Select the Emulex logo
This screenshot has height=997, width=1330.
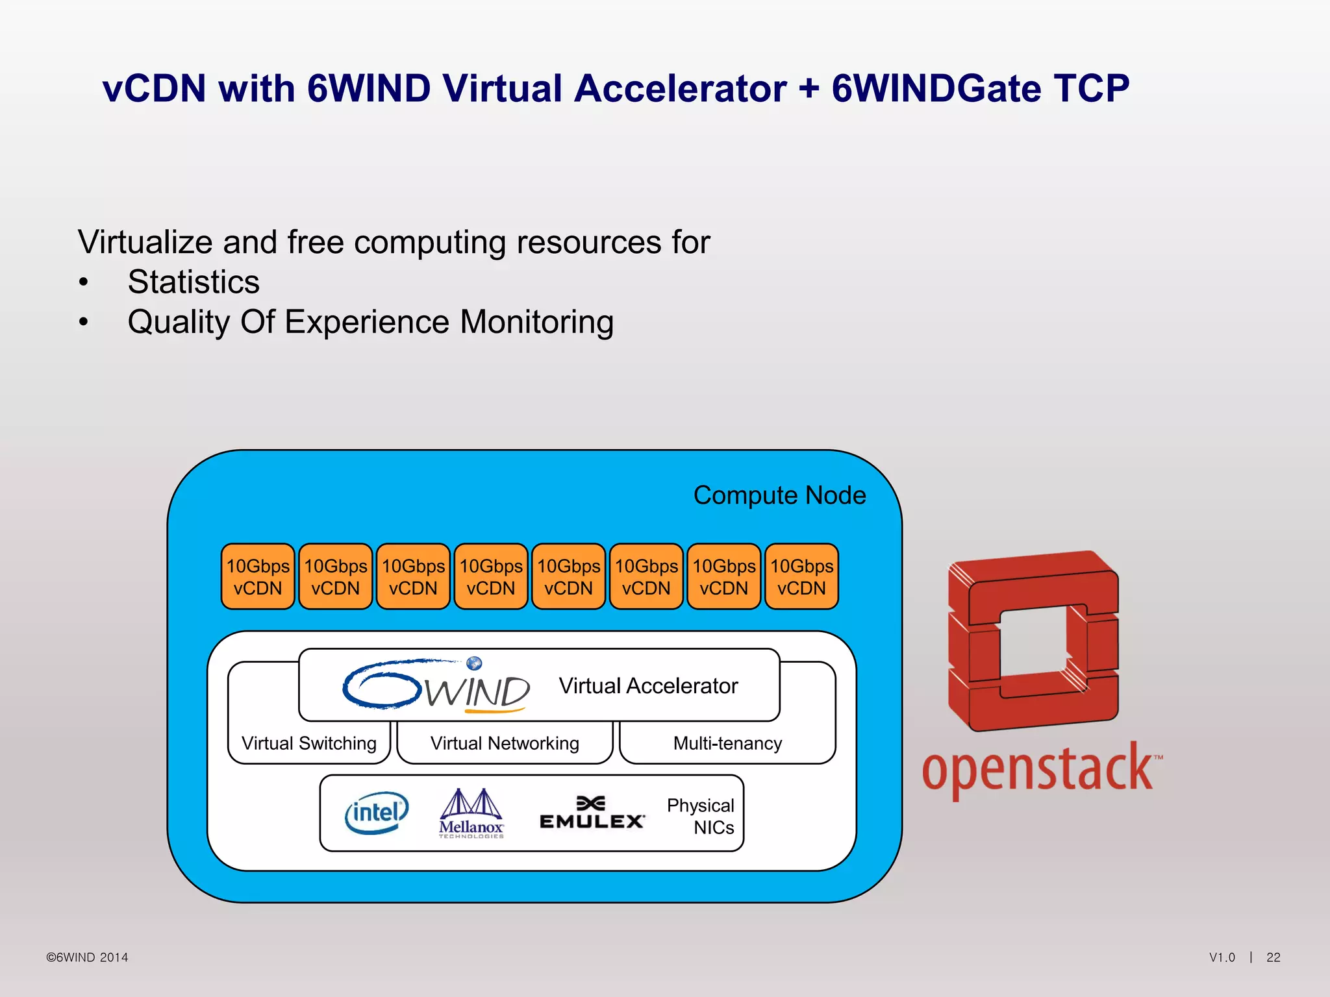coord(592,813)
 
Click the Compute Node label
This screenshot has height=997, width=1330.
coord(779,495)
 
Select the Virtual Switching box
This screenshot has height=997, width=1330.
coord(309,743)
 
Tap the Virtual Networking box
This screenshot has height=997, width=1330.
coord(505,743)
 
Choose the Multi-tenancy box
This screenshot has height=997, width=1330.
coord(727,743)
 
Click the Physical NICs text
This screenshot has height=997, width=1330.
coord(701,817)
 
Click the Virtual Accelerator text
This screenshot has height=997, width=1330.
coord(648,686)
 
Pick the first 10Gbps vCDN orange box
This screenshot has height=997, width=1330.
coord(258,576)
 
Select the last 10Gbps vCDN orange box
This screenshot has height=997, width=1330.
coord(801,576)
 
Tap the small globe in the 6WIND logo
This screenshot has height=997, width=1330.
coord(475,663)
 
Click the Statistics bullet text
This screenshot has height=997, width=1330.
coord(194,282)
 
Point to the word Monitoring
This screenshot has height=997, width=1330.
coord(536,323)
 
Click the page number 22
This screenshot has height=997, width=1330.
coord(1273,957)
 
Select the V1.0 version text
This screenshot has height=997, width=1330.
coord(1222,957)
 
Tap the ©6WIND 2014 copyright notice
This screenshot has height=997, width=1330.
coord(87,957)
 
